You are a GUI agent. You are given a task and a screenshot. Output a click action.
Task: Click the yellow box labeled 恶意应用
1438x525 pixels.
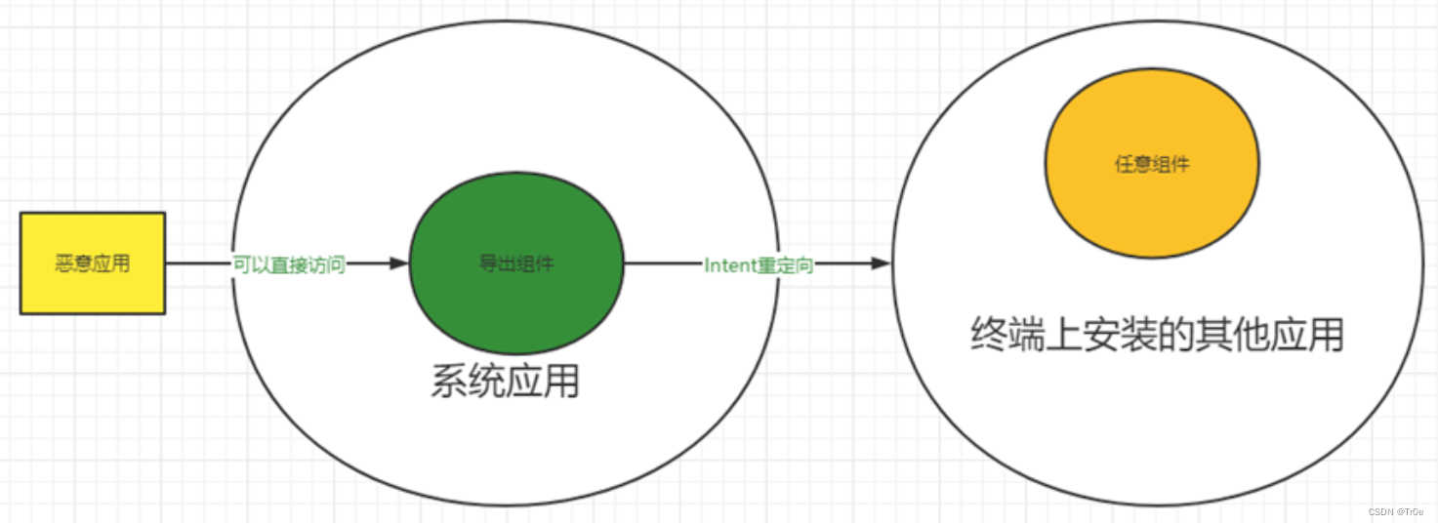(x=93, y=263)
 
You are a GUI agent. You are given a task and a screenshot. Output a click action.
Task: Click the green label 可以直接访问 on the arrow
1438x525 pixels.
(x=290, y=264)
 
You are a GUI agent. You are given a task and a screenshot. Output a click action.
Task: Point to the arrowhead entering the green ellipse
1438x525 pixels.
(x=398, y=263)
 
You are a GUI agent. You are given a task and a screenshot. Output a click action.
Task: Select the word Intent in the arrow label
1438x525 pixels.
(x=730, y=265)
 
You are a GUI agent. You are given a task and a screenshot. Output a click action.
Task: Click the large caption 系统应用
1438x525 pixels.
(x=505, y=383)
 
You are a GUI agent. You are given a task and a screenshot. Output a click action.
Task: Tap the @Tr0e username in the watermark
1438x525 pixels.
(x=1413, y=511)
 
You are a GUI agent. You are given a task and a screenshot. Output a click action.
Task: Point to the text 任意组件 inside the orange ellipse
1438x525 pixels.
(x=1152, y=165)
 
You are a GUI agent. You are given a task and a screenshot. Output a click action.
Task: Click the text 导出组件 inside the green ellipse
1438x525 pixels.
(x=515, y=263)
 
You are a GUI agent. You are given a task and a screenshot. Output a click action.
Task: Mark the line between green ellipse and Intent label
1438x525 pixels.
(x=663, y=263)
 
